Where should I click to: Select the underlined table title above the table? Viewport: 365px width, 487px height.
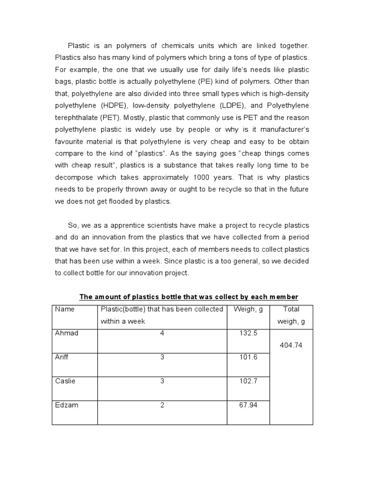tap(189, 297)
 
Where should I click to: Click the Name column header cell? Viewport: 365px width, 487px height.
tap(65, 309)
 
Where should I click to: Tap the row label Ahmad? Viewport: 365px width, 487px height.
tap(67, 333)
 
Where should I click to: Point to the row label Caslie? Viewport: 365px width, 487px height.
tap(66, 381)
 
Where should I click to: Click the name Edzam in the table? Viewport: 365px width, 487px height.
tap(67, 405)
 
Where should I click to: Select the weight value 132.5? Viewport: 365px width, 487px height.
tap(249, 333)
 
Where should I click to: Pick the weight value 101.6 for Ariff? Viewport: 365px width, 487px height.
tap(249, 357)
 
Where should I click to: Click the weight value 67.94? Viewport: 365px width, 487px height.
tap(249, 405)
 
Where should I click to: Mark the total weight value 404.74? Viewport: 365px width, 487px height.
tap(291, 345)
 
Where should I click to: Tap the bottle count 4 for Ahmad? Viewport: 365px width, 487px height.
tap(162, 333)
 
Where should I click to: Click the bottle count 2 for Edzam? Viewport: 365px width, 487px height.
tap(162, 405)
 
